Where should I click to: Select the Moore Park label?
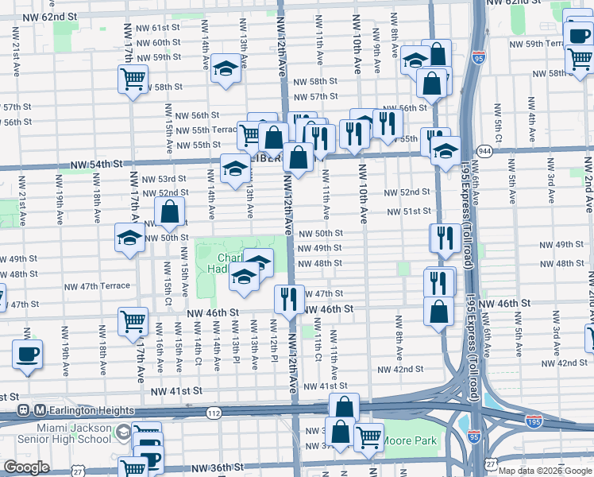click(x=410, y=440)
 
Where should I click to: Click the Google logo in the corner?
click(x=26, y=467)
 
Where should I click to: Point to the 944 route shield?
click(x=483, y=150)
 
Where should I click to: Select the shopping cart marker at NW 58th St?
click(x=133, y=79)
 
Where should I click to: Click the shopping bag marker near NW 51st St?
click(x=170, y=212)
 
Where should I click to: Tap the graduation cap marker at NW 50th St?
click(x=130, y=238)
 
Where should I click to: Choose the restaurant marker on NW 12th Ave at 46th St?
click(x=288, y=298)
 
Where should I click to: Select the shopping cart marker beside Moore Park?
click(x=368, y=437)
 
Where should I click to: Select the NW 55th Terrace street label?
click(x=206, y=130)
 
